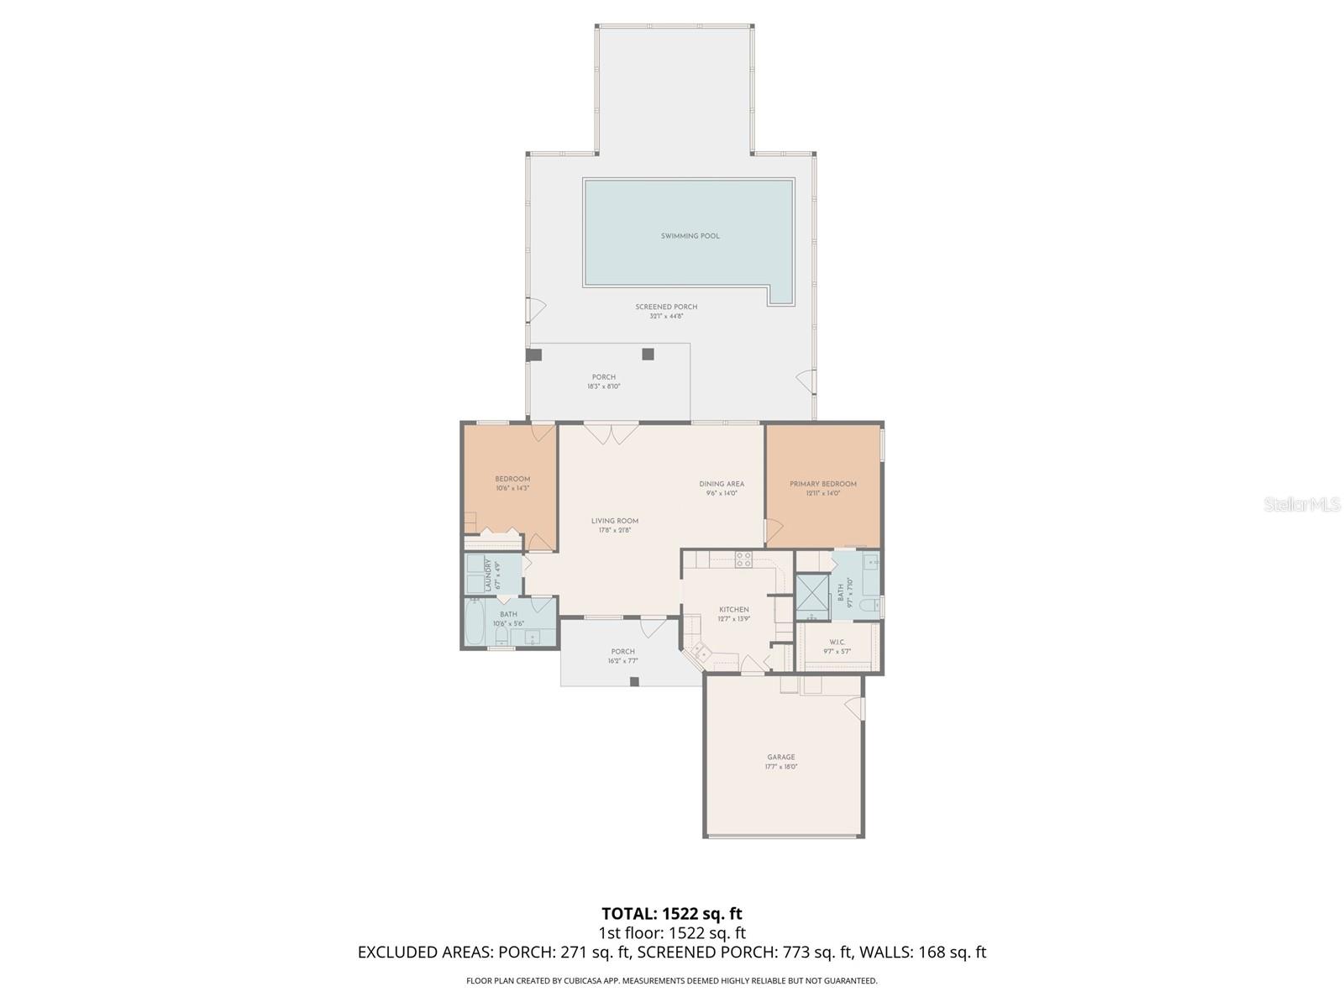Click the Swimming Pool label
click(x=690, y=236)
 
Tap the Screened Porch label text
click(x=666, y=307)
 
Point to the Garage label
click(x=780, y=757)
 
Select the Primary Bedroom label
click(x=822, y=484)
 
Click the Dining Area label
click(x=722, y=484)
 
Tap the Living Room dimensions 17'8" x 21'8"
click(x=614, y=530)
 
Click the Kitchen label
click(x=733, y=610)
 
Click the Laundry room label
click(x=486, y=575)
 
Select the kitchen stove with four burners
click(x=743, y=559)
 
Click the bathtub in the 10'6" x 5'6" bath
click(x=475, y=622)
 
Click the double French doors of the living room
click(x=612, y=434)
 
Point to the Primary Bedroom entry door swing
click(x=773, y=531)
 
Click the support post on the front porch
click(x=634, y=681)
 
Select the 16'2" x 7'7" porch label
click(x=622, y=656)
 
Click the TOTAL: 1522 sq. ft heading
click(x=671, y=913)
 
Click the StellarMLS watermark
click(x=1301, y=505)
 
